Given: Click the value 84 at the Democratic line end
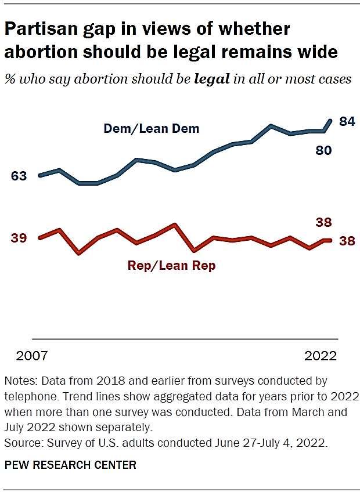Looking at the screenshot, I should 347,122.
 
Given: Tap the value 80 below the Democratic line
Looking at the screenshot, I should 323,151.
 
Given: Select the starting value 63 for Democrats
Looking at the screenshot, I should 19,176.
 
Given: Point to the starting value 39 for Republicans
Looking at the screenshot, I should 19,238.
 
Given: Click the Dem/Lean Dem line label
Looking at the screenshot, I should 151,129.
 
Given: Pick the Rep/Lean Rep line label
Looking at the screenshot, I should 171,266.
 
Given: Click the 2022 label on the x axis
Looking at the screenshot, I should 321,356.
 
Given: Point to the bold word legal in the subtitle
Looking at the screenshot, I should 213,79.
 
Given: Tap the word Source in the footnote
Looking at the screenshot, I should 21,442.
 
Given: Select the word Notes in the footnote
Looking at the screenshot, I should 19,381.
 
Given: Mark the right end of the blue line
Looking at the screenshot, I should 331,120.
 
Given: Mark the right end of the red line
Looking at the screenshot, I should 331,240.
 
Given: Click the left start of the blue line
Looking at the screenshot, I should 39,175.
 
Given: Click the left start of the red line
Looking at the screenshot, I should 39,238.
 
